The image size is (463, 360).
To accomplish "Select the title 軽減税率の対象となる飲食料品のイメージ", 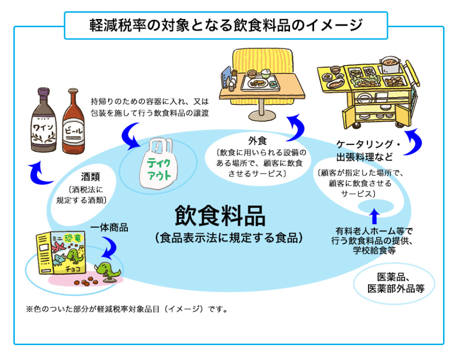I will (x=226, y=25).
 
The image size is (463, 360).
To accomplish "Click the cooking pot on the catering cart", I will (x=393, y=64).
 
